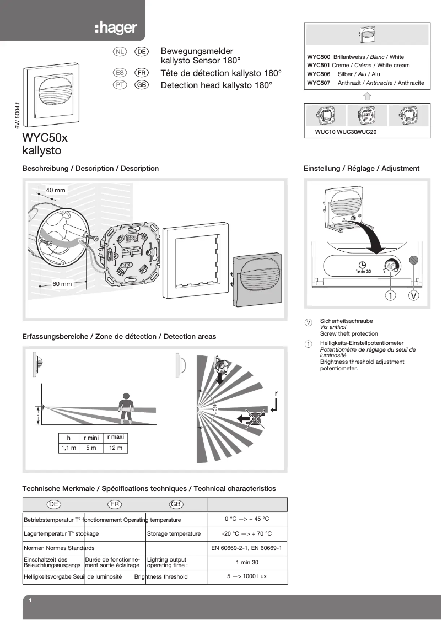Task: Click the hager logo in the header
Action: click(x=115, y=28)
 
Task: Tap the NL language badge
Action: click(x=120, y=51)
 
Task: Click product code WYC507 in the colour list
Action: click(x=319, y=83)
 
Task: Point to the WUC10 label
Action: click(x=325, y=132)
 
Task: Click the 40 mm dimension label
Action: click(x=56, y=190)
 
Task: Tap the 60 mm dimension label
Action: click(x=62, y=284)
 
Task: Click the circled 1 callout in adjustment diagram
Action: click(x=390, y=295)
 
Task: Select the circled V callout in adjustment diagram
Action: click(x=414, y=295)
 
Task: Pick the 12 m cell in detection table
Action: click(x=116, y=448)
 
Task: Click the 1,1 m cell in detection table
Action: click(x=68, y=448)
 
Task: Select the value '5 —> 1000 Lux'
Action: click(x=246, y=576)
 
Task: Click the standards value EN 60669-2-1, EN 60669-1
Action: click(x=246, y=548)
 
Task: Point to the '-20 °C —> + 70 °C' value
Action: click(x=246, y=533)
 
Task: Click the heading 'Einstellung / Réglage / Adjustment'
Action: click(x=362, y=169)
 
